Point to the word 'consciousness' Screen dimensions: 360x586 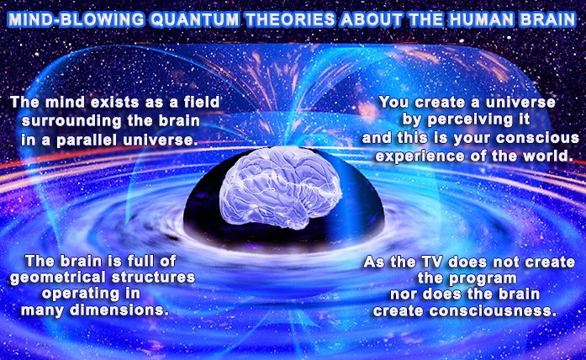click(498, 312)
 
